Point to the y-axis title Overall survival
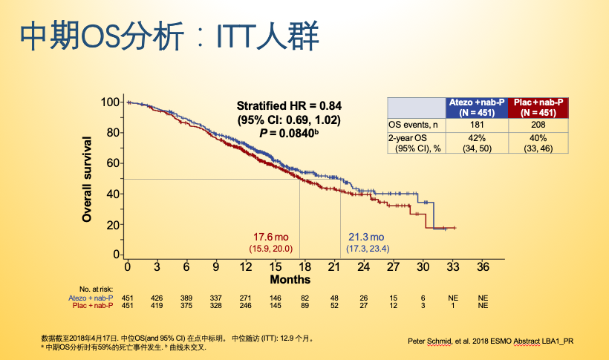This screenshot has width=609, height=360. (x=87, y=179)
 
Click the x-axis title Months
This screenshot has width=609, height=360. (x=290, y=280)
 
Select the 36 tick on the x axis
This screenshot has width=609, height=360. (x=483, y=267)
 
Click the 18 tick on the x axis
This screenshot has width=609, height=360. (x=305, y=267)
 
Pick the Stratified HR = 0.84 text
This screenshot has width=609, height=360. (x=289, y=105)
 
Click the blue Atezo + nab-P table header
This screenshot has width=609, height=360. (x=476, y=107)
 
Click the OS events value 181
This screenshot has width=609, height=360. (x=476, y=125)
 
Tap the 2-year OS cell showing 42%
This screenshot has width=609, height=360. (x=476, y=138)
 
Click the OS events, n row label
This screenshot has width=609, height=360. (x=414, y=125)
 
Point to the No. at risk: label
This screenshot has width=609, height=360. (x=96, y=289)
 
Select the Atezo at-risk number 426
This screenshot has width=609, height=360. (x=157, y=297)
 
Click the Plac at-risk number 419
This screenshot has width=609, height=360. (x=157, y=305)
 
